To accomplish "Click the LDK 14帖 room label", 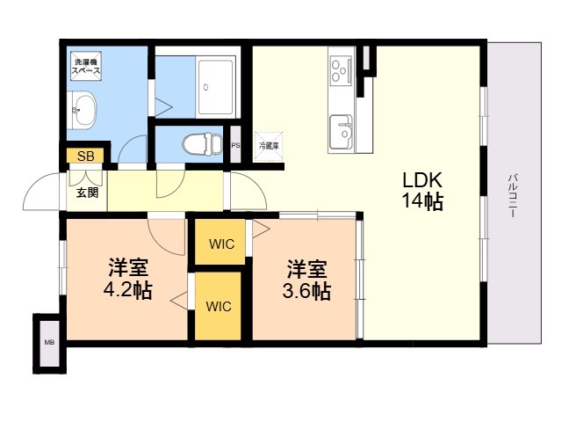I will pos(421,191).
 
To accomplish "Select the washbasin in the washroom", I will pos(84,112).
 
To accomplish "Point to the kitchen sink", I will pos(342,134).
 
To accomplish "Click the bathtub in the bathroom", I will pos(216,86).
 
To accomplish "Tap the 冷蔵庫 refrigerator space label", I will pos(268,145).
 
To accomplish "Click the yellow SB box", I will pos(85,156).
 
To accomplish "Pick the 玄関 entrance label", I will pos(86,193).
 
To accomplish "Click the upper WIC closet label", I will pos(221,244).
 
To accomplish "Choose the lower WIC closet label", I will pos(219,307).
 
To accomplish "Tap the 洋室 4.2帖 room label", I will pos(128,277).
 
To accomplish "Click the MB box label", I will pos(48,342).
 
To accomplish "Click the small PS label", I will pos(234,146).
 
